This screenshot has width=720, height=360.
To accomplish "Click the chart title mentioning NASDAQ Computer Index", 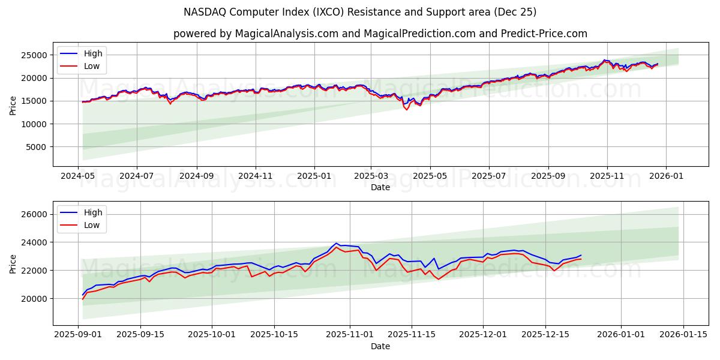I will pos(360,12).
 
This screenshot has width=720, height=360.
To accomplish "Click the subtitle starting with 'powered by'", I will pos(380,34).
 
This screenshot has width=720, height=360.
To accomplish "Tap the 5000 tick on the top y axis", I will pos(37,147).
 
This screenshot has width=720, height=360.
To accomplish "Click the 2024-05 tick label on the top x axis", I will pos(78,176).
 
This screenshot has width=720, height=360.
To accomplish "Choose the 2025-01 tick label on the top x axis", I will pos(314,176).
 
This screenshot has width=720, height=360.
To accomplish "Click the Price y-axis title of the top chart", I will pos(13,105).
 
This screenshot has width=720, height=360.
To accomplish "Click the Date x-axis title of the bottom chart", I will pos(380,346).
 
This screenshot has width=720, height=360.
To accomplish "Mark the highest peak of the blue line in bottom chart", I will pos(337,243).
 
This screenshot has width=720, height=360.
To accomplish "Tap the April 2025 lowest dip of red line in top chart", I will pos(407,109).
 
